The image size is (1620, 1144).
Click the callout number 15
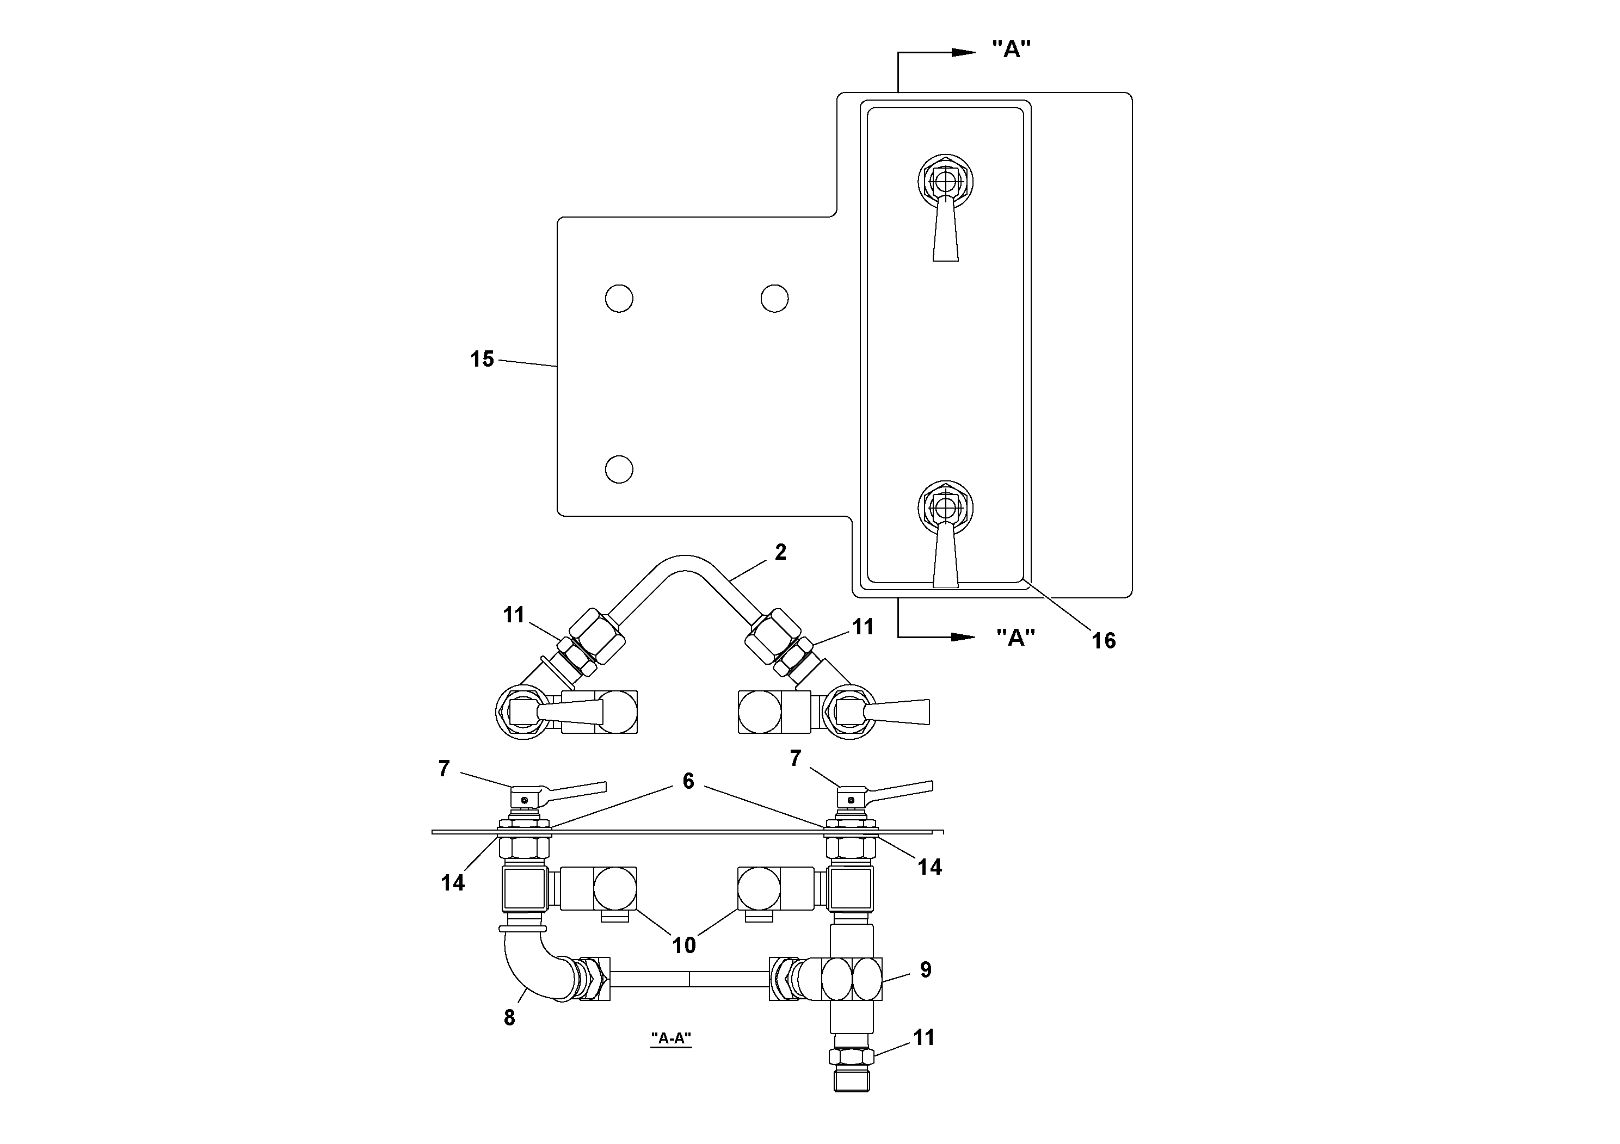coord(482,359)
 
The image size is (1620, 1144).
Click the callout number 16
coord(1104,640)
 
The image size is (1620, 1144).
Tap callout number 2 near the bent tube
coord(780,552)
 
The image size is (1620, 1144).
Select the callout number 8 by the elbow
coord(509,1018)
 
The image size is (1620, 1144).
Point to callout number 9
coord(926,970)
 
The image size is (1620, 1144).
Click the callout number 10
coord(683,945)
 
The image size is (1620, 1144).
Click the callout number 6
coord(688,781)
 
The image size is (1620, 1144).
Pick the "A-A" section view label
coord(670,1038)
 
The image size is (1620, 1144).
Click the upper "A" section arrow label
coord(1011,50)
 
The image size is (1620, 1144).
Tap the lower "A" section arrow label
coord(1015,637)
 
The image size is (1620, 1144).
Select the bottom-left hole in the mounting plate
coord(619,469)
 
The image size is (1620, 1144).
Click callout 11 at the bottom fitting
coord(923,1037)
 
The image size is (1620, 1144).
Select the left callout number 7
coord(444,769)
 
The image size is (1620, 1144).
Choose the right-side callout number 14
coord(929,867)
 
